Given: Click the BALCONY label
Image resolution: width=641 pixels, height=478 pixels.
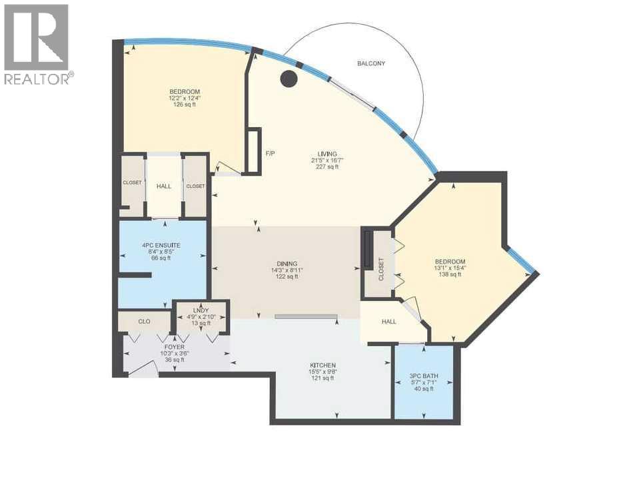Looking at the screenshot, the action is tap(371, 64).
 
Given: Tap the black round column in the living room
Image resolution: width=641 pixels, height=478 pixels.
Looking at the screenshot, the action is tap(289, 79).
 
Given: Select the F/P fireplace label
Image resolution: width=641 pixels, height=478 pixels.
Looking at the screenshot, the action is tap(271, 154).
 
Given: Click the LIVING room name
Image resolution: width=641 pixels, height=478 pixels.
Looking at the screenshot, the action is tap(327, 154).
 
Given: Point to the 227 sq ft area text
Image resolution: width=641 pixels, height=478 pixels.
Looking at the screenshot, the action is tap(327, 166).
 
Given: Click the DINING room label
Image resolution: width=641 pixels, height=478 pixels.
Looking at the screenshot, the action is tap(287, 264).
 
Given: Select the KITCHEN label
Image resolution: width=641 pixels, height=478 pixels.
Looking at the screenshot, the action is tap(323, 365).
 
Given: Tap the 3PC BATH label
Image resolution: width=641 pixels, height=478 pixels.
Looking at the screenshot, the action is tap(424, 376).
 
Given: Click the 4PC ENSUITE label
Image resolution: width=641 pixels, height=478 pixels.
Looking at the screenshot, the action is tap(161, 246).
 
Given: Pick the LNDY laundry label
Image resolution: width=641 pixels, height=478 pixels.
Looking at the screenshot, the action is tap(201, 311).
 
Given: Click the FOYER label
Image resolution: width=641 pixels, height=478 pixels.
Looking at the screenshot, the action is tap(175, 347).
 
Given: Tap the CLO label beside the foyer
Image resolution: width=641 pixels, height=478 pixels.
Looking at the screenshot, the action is tap(144, 322).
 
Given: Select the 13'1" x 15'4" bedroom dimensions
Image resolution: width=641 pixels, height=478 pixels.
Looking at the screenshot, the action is tap(450, 268).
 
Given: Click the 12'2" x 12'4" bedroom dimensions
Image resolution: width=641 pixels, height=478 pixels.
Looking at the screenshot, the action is tap(185, 98).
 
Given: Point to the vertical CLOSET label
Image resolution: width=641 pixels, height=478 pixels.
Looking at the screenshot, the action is tap(381, 269).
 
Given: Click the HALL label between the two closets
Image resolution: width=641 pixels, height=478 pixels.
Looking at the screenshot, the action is tap(164, 186).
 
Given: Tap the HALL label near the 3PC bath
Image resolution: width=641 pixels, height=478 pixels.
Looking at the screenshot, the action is tap(388, 322).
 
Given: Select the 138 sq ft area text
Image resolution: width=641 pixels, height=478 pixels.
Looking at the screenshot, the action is tap(450, 274).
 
